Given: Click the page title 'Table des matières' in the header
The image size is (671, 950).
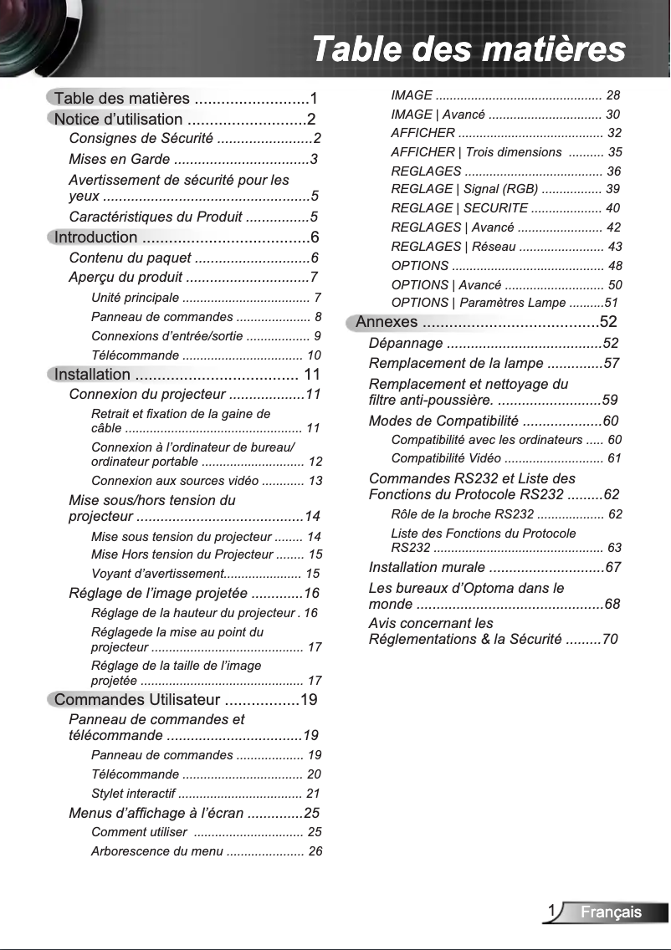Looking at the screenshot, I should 468,49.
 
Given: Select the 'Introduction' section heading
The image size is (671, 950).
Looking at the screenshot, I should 95,238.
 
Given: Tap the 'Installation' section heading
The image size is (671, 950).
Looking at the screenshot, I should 92,374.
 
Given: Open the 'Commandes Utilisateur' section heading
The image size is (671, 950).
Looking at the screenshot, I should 137,700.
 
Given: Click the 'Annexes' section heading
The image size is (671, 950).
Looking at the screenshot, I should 387,322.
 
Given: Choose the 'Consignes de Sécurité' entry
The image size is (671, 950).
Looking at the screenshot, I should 140,138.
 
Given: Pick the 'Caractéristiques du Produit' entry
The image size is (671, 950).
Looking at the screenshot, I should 156,217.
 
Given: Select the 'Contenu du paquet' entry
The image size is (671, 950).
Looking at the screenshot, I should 130,258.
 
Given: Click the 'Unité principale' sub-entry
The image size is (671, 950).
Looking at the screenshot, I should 135,298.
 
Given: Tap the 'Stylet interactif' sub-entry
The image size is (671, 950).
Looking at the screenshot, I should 133,794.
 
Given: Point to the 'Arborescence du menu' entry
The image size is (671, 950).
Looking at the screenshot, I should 157,851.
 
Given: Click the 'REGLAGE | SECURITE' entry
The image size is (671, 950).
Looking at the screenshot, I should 459,208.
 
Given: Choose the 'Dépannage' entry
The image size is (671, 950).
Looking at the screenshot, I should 406,343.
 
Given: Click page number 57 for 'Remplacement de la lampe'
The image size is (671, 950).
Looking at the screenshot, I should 611,363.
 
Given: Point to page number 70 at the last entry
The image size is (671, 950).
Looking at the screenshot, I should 610,640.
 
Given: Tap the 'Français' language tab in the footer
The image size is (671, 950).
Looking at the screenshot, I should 612,912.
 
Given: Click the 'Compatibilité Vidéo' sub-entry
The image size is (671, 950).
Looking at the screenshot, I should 446,458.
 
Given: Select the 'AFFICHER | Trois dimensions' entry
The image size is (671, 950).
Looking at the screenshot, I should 476,152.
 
